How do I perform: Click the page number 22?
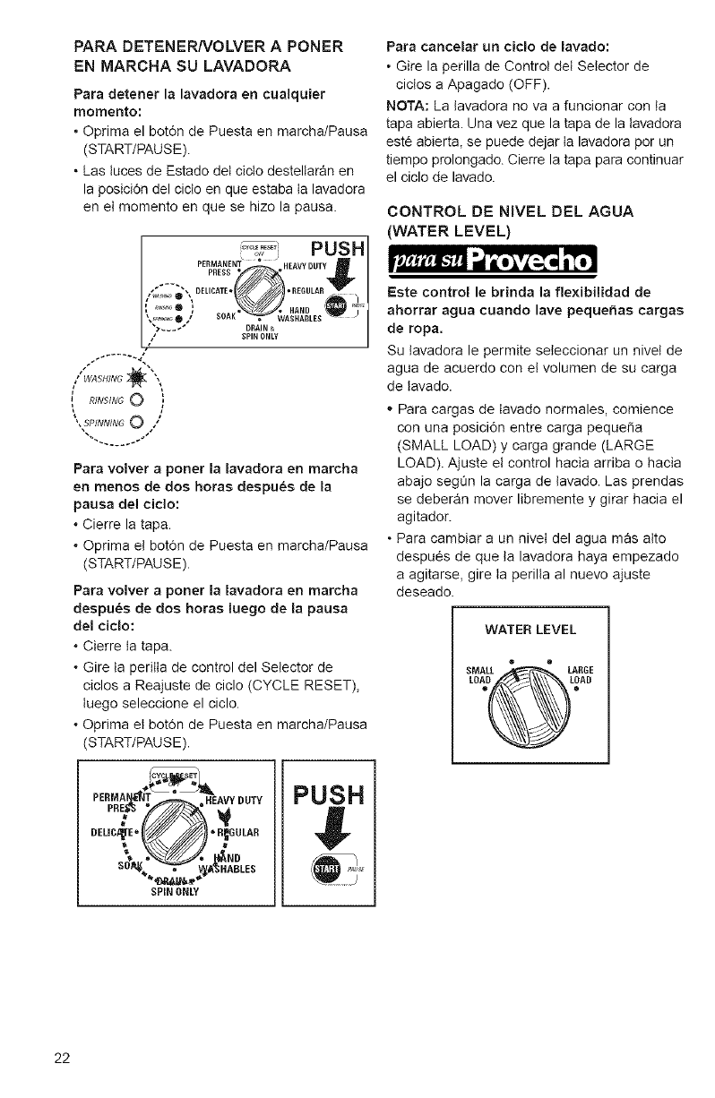pos(61,1058)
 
